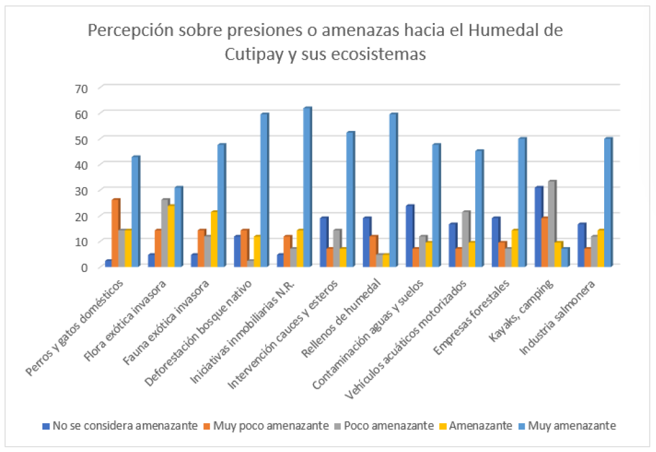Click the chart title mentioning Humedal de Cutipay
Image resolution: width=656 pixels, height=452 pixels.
click(x=325, y=42)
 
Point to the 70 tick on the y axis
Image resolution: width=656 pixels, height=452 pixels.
click(x=80, y=88)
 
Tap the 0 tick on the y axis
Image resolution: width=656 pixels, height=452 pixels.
click(x=84, y=267)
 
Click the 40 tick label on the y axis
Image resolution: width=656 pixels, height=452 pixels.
click(x=80, y=165)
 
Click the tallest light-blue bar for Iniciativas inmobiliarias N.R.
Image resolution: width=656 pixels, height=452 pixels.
click(x=306, y=188)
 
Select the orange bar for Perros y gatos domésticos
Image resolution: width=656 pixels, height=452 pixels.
click(x=116, y=234)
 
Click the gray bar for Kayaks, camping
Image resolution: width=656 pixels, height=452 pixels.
click(x=552, y=224)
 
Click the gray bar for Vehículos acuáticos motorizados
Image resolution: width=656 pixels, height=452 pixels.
click(x=466, y=239)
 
